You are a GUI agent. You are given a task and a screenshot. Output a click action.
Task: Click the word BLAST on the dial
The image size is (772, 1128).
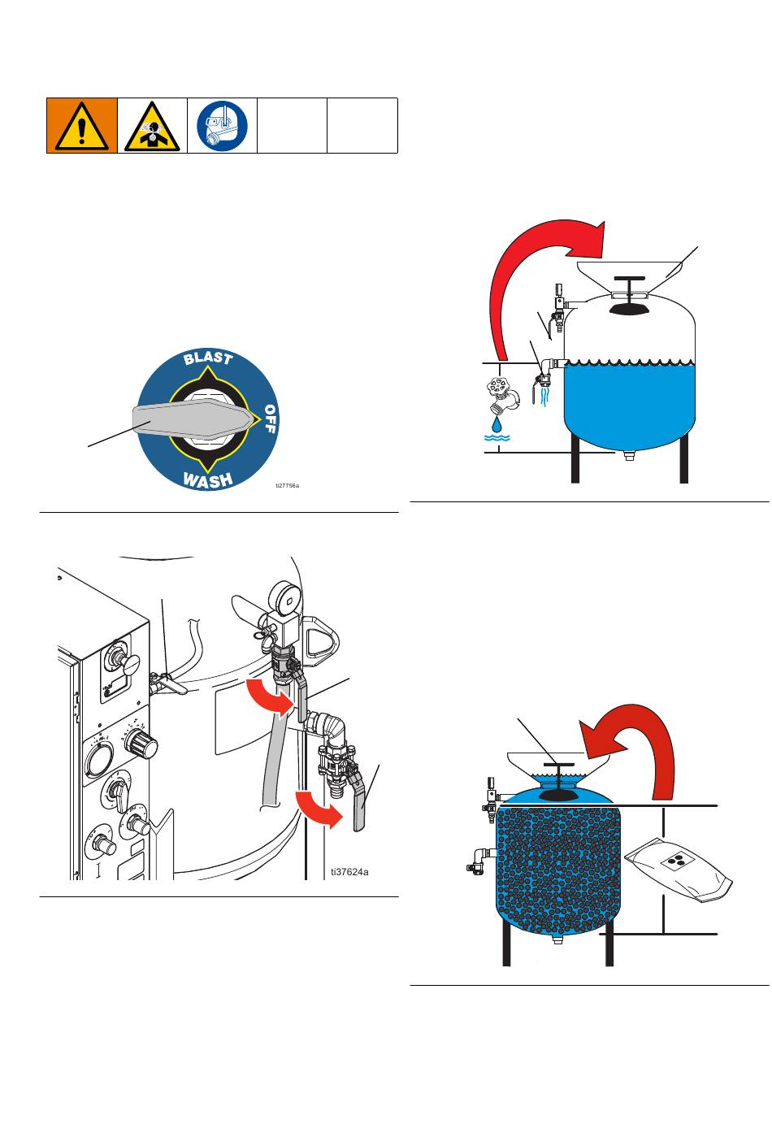coord(208,358)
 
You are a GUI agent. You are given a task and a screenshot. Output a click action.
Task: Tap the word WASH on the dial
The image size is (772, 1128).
coord(207,480)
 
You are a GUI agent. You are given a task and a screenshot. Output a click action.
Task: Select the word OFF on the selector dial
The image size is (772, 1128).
coord(270,419)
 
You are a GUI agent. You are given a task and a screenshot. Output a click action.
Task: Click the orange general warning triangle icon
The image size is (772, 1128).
coord(82,126)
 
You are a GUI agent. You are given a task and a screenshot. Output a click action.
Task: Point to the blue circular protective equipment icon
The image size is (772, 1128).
coord(222,126)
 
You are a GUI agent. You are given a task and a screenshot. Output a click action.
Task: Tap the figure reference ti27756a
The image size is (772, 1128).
coord(287,485)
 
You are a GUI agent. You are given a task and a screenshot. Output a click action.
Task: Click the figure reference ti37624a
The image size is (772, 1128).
coord(349,872)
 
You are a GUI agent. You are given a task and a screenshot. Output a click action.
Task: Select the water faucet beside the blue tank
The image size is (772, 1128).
coord(502,395)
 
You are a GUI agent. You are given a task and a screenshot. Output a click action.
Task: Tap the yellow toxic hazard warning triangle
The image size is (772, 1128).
coord(152,127)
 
